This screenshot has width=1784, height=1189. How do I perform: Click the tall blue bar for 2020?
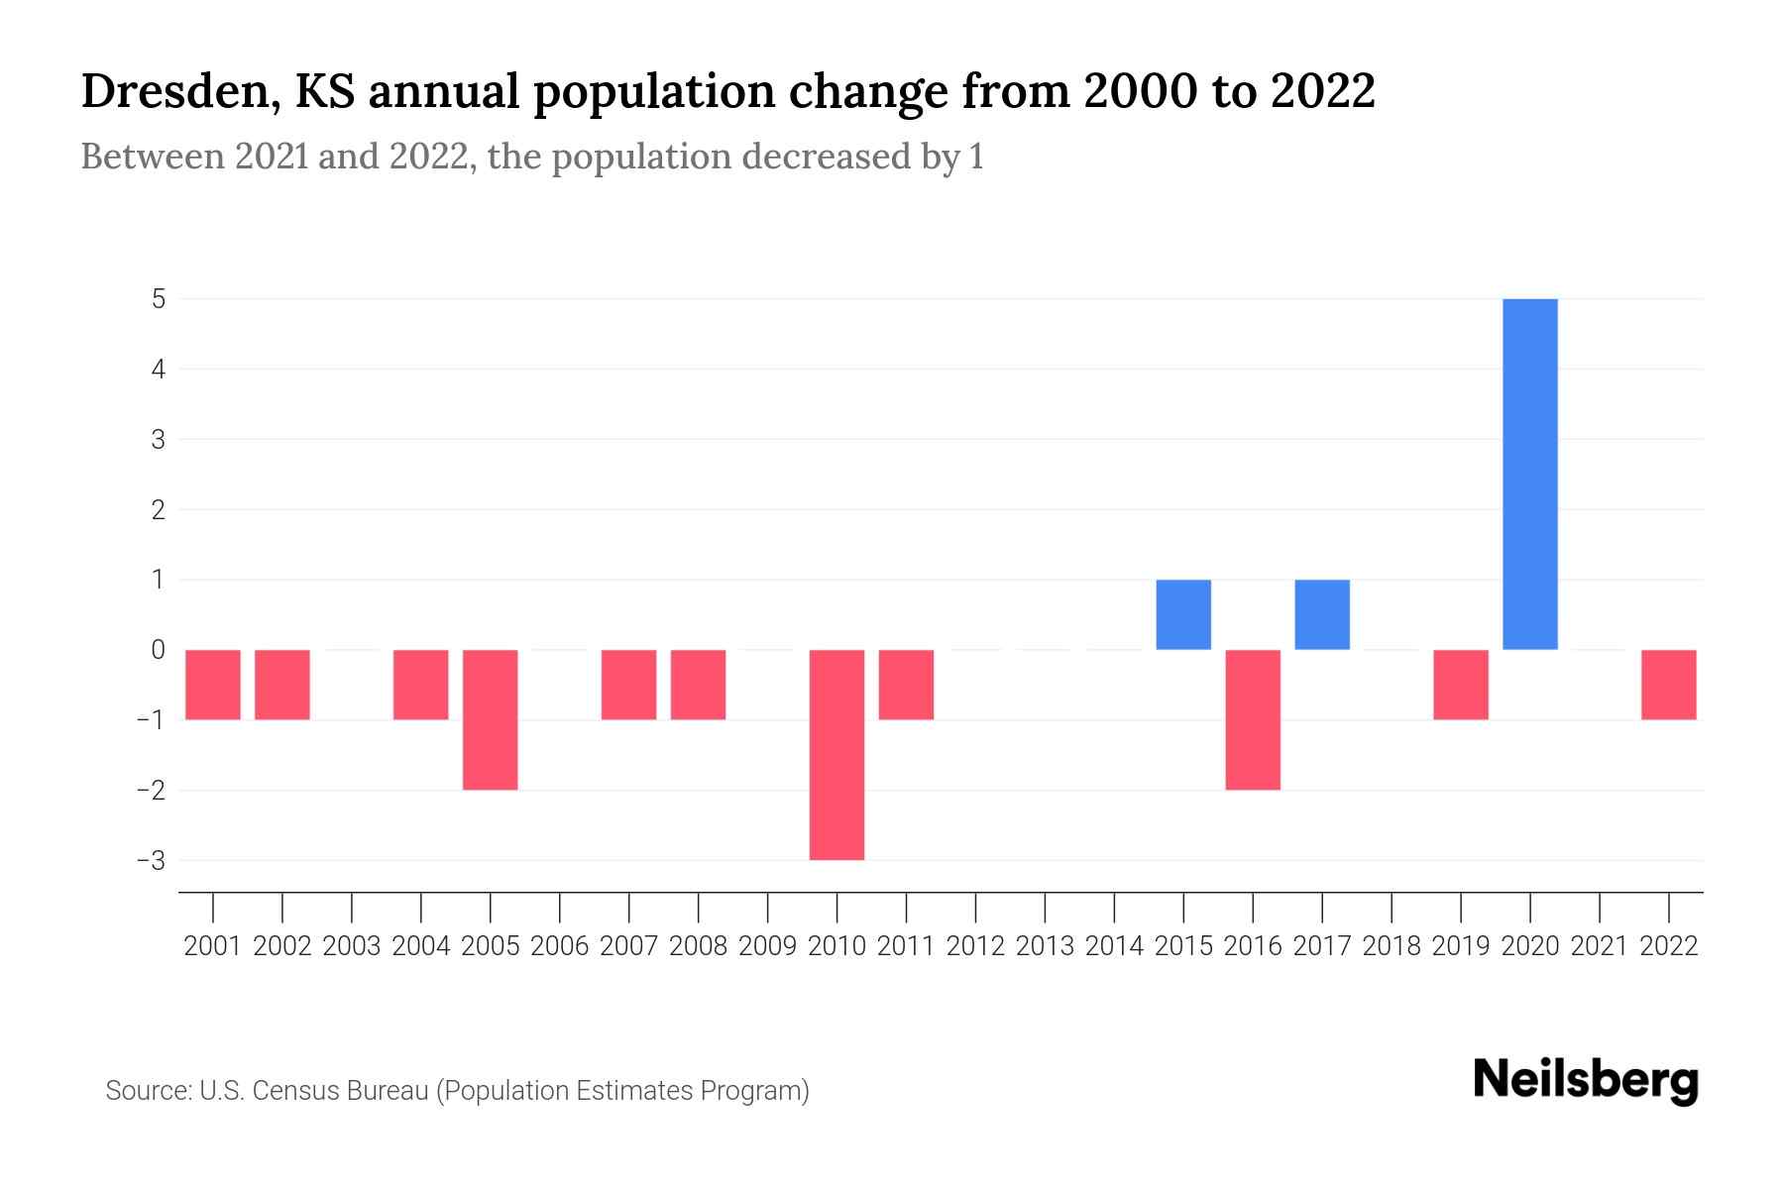[x=1530, y=474]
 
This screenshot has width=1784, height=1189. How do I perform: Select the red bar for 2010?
[x=836, y=754]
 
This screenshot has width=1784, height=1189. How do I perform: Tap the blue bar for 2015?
[x=1183, y=614]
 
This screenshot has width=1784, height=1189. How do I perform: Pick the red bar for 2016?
[x=1253, y=719]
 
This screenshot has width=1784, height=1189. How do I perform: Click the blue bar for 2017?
[x=1322, y=614]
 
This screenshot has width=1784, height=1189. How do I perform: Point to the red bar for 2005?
[x=491, y=719]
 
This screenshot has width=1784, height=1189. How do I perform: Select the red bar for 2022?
[x=1669, y=685]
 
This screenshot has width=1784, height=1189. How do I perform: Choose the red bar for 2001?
[x=213, y=685]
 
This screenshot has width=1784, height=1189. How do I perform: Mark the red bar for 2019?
[x=1461, y=685]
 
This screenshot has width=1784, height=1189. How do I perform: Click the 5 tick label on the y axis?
[x=159, y=298]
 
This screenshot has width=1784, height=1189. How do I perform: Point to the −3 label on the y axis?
[x=152, y=860]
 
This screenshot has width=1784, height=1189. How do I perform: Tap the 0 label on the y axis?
[x=159, y=650]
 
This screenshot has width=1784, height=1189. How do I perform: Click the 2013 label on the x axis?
[x=1045, y=946]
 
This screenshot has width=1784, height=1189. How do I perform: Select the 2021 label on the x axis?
[x=1600, y=946]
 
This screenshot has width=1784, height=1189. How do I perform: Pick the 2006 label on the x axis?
[x=560, y=946]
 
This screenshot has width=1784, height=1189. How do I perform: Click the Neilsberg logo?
[x=1586, y=1080]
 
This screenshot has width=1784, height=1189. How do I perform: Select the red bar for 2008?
[x=699, y=685]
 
